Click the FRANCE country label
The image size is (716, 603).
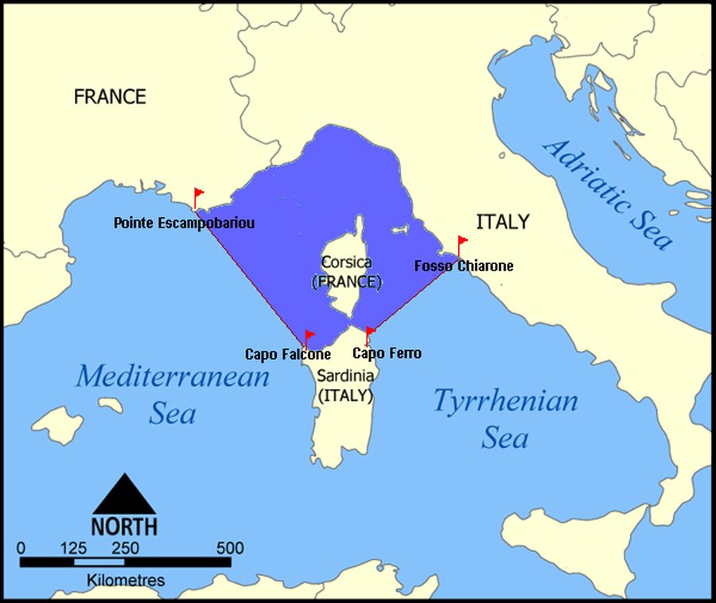(x=110, y=97)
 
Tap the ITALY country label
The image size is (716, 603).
(x=502, y=222)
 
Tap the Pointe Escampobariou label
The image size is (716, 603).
(x=184, y=224)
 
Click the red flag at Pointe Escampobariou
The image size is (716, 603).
(x=198, y=194)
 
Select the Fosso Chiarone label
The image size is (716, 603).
(x=464, y=266)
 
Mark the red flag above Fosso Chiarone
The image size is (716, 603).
(x=462, y=241)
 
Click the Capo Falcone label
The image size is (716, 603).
(x=287, y=355)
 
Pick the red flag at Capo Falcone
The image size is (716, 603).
(x=309, y=337)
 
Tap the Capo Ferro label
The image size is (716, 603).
(x=387, y=353)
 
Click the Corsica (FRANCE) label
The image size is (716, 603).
(x=347, y=271)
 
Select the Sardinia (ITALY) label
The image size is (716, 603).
(x=344, y=385)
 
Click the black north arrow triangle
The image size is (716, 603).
(x=124, y=495)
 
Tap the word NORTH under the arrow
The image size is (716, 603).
(x=124, y=527)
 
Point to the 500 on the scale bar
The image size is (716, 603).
(x=229, y=548)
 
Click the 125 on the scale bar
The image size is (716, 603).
(x=73, y=548)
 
